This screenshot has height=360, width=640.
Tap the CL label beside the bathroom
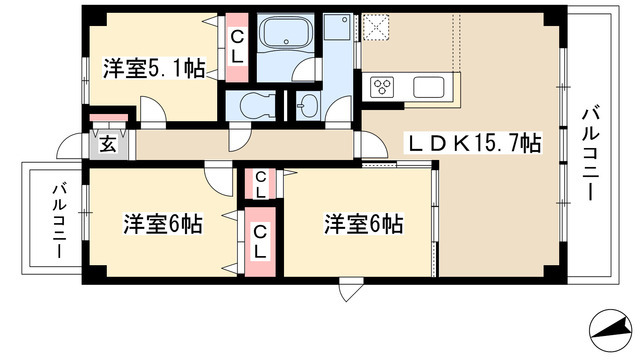pyautogui.click(x=237, y=46)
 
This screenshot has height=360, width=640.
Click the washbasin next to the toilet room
pyautogui.click(x=306, y=104)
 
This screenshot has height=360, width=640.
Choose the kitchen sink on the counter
pyautogui.click(x=433, y=86)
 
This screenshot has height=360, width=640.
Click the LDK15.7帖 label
pyautogui.click(x=473, y=143)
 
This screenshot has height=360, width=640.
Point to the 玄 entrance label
pyautogui.click(x=106, y=142)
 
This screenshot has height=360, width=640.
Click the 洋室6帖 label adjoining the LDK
pyautogui.click(x=362, y=223)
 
